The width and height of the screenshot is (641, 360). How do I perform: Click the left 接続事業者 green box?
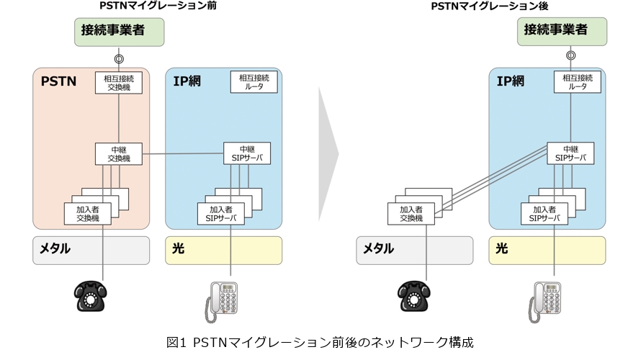119,32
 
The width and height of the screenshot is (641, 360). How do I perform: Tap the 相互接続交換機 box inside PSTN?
119,82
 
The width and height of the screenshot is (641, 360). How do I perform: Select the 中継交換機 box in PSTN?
119,153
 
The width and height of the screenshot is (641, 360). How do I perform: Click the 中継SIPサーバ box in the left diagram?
248,153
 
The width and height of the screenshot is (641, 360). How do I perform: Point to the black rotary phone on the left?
91,296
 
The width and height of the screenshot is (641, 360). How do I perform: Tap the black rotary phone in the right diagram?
415,296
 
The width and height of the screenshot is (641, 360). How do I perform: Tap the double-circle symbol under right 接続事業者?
571,55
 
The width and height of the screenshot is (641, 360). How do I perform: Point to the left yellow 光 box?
224,250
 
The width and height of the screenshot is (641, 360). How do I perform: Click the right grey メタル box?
415,250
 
